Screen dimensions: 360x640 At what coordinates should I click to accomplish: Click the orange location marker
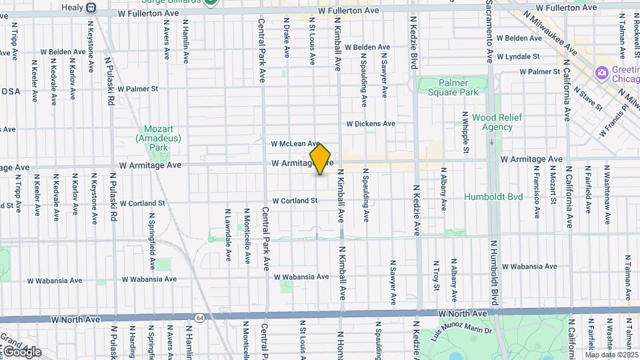[x=320, y=159]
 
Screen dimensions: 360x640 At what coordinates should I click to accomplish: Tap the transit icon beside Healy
[x=91, y=8]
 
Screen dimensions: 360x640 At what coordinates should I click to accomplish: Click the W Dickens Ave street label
[x=371, y=123]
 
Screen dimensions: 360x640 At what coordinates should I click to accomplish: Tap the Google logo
[x=21, y=351]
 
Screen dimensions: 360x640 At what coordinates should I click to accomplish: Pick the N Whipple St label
[x=465, y=129]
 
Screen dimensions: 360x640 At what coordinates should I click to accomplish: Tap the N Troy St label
[x=437, y=275]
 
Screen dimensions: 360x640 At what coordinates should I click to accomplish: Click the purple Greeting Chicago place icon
[x=602, y=71]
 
